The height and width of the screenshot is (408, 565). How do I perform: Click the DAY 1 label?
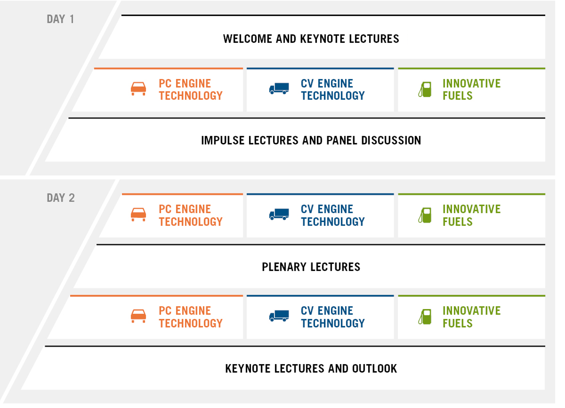pyautogui.click(x=60, y=19)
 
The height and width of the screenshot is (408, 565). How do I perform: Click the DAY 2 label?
pyautogui.click(x=61, y=198)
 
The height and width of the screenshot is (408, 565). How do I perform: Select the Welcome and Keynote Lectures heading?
pyautogui.click(x=311, y=39)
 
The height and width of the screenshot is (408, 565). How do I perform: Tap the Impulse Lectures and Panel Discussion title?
pyautogui.click(x=311, y=140)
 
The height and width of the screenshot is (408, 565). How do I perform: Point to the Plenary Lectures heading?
pyautogui.click(x=311, y=267)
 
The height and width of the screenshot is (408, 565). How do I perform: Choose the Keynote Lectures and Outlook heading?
pyautogui.click(x=311, y=369)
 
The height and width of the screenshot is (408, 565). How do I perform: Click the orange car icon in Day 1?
pyautogui.click(x=138, y=89)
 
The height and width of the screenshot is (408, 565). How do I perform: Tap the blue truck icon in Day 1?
pyautogui.click(x=279, y=89)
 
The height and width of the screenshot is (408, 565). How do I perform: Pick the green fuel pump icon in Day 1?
pyautogui.click(x=425, y=89)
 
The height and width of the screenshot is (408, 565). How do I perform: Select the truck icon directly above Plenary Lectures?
pyautogui.click(x=279, y=214)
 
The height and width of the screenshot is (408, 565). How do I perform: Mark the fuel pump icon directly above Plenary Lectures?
pyautogui.click(x=425, y=215)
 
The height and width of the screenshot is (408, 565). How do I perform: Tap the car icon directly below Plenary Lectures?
pyautogui.click(x=138, y=316)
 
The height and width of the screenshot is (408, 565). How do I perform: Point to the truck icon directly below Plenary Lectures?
pyautogui.click(x=279, y=316)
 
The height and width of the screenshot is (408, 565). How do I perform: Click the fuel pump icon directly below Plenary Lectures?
pyautogui.click(x=425, y=317)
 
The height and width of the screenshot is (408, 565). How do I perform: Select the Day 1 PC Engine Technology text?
pyautogui.click(x=190, y=89)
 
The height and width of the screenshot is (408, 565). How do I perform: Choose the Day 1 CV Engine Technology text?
pyautogui.click(x=333, y=89)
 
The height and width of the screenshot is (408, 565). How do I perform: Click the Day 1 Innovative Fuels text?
pyautogui.click(x=472, y=89)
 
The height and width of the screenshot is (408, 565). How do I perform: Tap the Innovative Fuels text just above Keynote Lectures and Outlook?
pyautogui.click(x=472, y=317)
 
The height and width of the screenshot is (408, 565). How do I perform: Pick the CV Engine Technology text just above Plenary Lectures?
pyautogui.click(x=333, y=215)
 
